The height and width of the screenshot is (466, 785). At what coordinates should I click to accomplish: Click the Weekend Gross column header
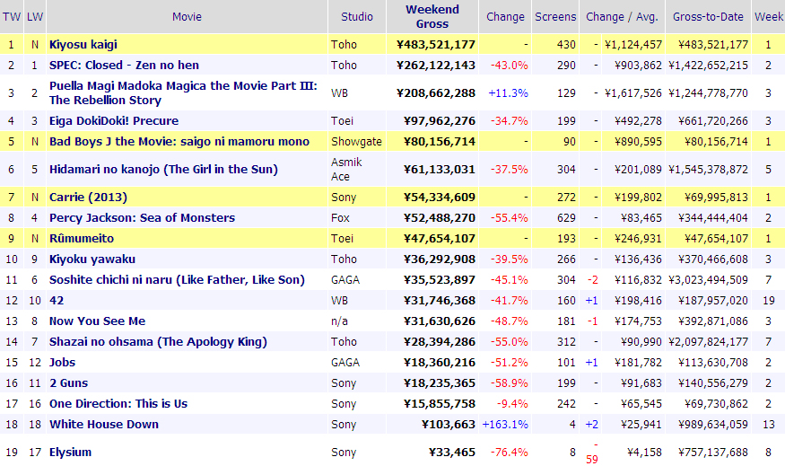[x=432, y=16]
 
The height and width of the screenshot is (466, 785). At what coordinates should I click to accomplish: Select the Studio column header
[x=357, y=16]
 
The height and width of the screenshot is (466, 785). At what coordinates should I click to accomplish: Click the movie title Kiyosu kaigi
[x=83, y=44]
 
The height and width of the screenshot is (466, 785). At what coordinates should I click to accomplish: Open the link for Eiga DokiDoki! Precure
[x=114, y=120]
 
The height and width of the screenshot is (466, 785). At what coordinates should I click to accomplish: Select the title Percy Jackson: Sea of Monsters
[x=142, y=217]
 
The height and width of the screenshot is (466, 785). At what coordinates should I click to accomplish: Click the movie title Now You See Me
[x=97, y=321]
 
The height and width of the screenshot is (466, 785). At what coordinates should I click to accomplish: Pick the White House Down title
[x=104, y=424]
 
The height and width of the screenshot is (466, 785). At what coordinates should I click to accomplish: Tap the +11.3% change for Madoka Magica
[x=508, y=92]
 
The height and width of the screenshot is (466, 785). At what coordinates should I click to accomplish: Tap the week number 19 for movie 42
[x=769, y=300]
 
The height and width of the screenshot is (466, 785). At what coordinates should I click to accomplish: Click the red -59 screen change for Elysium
[x=592, y=459]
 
